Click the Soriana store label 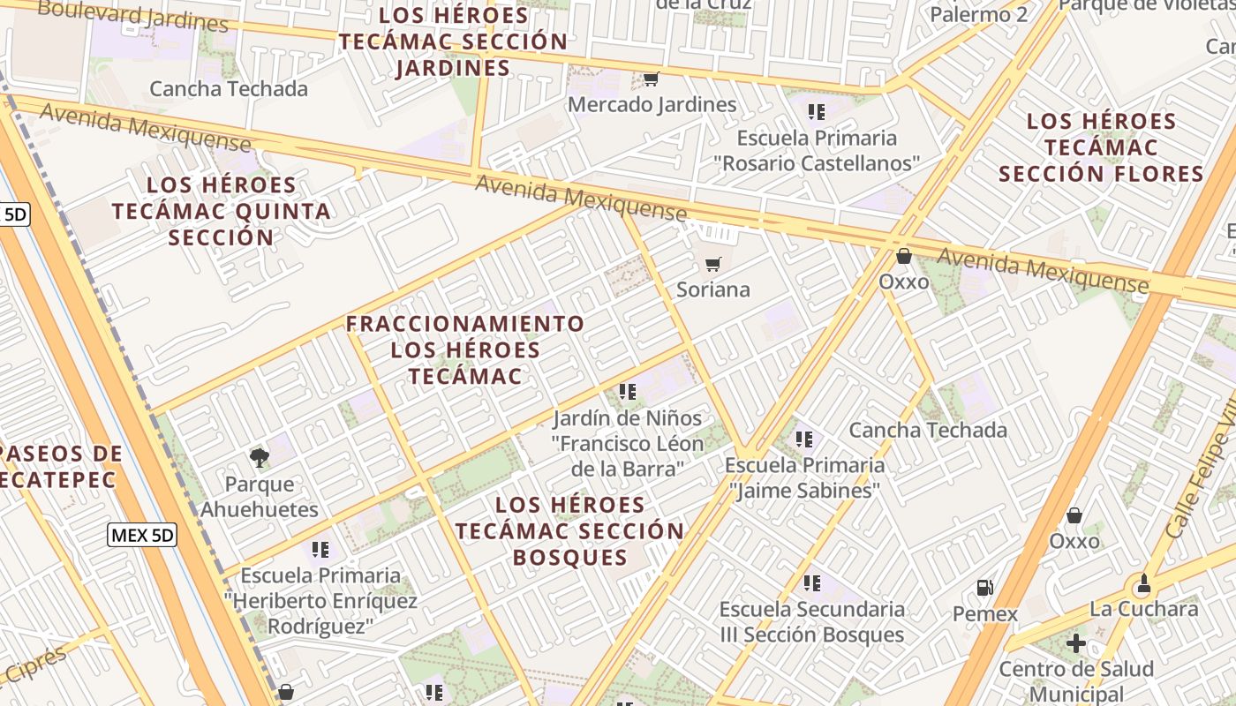pos(713,289)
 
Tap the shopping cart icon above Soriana pos(713,264)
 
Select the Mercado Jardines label pos(652,104)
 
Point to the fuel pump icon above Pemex pos(984,587)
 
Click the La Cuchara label pos(1143,609)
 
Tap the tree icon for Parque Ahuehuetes pos(259,457)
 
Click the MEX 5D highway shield pos(142,534)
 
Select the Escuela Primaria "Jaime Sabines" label pos(804,477)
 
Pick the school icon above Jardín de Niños pos(628,391)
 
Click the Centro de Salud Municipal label pos(1076,681)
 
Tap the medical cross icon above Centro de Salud pos(1076,643)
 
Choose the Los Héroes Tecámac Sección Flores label pos(1101,147)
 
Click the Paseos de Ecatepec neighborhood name pos(58,467)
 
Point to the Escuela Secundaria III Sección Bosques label pos(811,622)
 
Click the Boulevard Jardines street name pos(132,15)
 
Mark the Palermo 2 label pos(979,14)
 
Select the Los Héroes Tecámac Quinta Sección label pos(222,211)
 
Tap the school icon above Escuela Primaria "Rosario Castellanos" pos(817,112)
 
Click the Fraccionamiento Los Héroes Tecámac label pos(465,349)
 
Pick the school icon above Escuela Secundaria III pos(812,582)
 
